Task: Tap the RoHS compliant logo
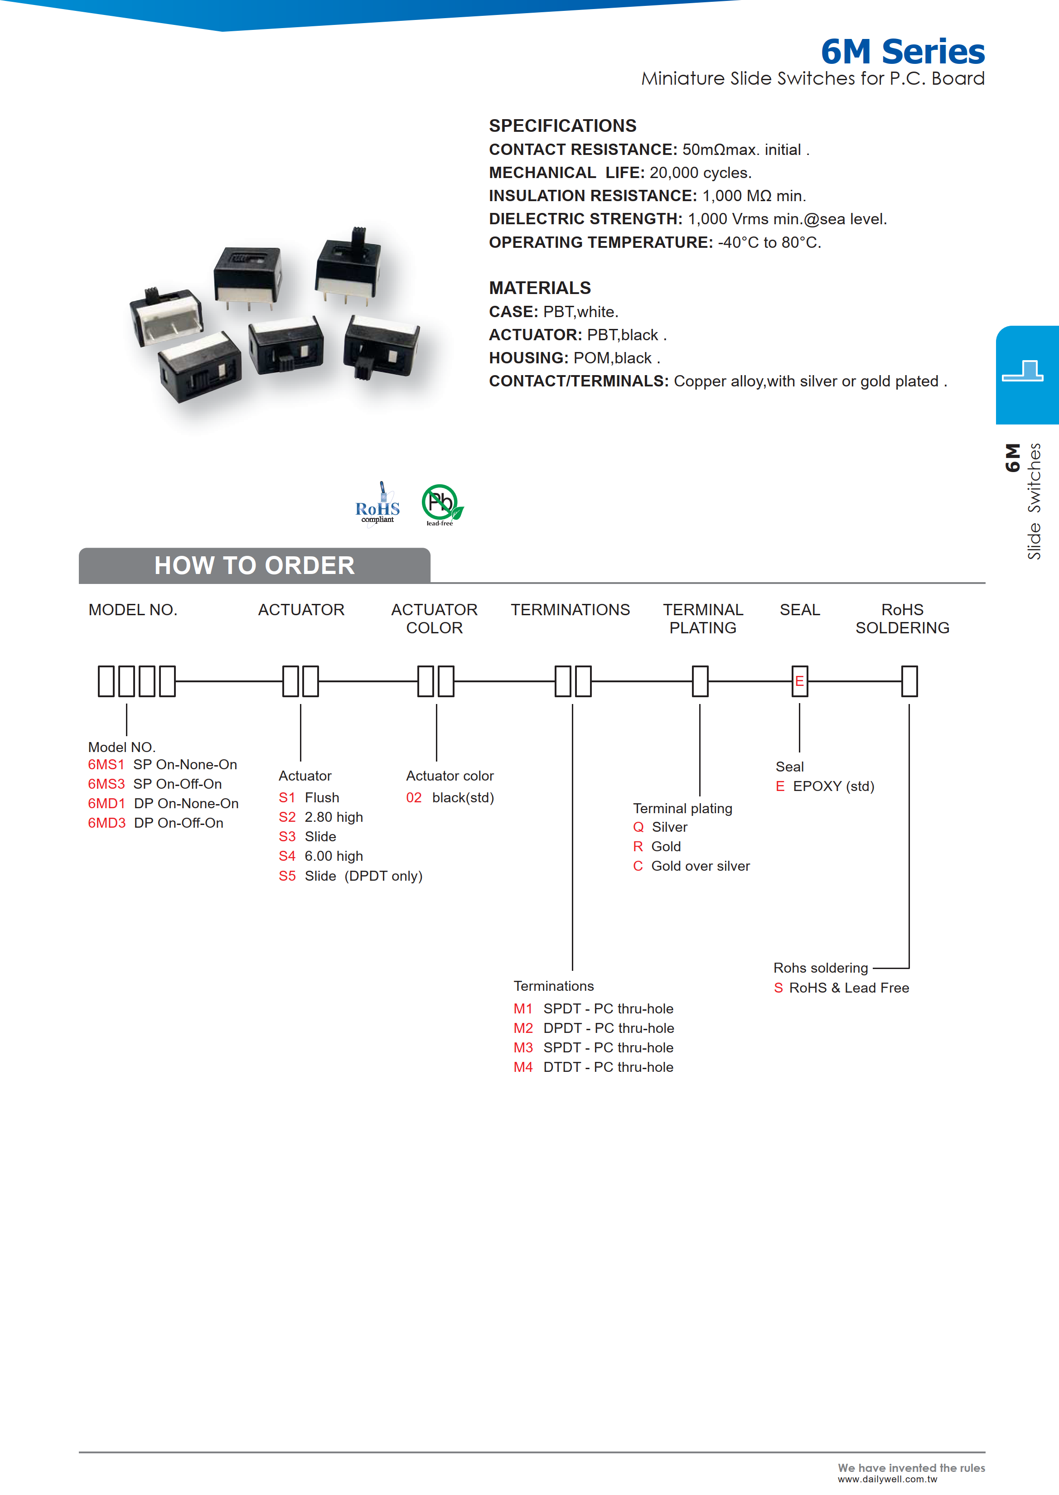coord(377,505)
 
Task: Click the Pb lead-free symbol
coord(441,504)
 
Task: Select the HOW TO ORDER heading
coord(254,565)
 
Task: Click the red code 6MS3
coord(106,784)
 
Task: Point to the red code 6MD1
coord(106,803)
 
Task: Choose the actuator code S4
coord(287,856)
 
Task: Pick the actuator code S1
coord(287,797)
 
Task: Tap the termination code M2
coord(523,1028)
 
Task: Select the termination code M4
coord(523,1067)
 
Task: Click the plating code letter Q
coord(638,827)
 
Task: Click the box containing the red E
coord(799,681)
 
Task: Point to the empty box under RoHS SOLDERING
coord(909,681)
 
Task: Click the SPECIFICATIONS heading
coord(563,126)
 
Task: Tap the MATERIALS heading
coord(540,288)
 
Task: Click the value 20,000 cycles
coord(701,173)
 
